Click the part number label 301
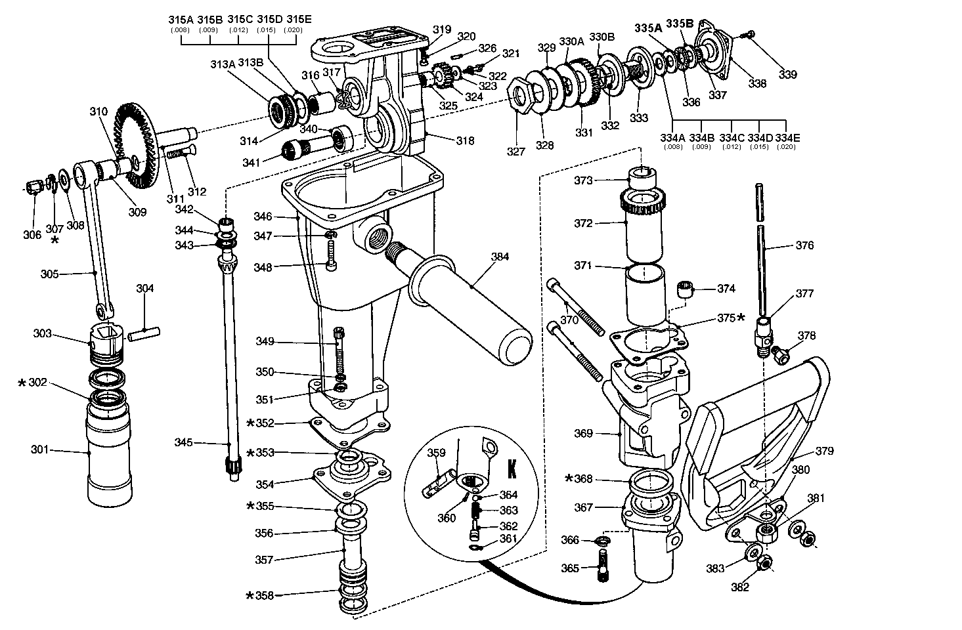[x=41, y=450]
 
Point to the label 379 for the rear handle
[x=825, y=451]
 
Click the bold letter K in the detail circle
[x=512, y=471]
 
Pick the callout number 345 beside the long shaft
[x=184, y=443]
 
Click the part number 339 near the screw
[x=787, y=74]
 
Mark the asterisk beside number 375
[x=741, y=318]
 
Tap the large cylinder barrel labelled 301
[x=109, y=459]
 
